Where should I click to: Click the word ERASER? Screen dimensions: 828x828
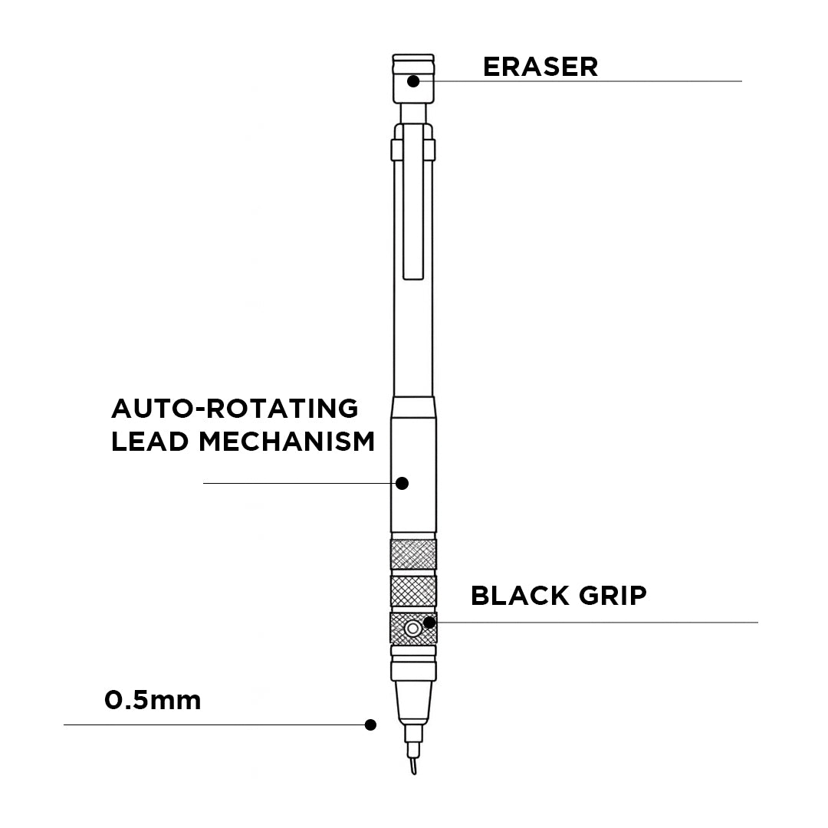pos(540,67)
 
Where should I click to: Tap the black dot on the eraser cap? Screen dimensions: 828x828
pos(413,80)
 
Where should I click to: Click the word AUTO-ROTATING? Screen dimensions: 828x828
pos(235,409)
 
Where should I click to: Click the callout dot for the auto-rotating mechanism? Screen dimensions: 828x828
pos(402,483)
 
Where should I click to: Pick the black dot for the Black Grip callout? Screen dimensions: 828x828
pos(430,623)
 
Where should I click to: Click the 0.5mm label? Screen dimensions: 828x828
pos(153,700)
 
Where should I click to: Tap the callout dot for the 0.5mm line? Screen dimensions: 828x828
pos(371,724)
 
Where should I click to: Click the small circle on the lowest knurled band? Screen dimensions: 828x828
pos(413,629)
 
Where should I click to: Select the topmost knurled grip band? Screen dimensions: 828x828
pos(413,554)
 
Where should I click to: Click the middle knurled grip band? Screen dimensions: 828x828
pos(413,591)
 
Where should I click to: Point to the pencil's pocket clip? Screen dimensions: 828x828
pos(413,207)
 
